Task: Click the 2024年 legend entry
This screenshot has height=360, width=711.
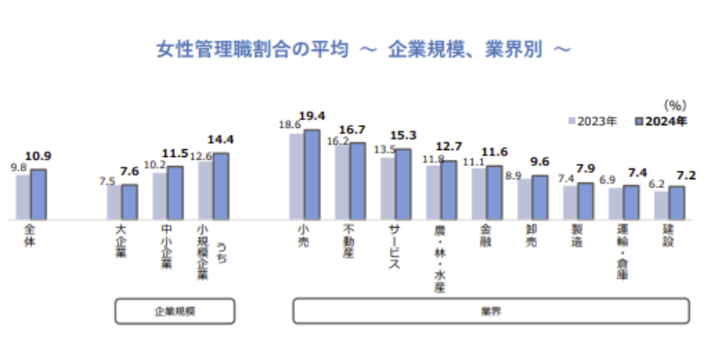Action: point(662,121)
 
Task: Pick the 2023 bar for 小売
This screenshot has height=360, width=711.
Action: point(297,176)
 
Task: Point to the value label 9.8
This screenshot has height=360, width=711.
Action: point(19,167)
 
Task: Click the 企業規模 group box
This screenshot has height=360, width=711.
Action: point(174,311)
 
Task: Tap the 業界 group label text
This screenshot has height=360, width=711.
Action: point(490,311)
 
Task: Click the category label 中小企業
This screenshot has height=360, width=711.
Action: point(167,249)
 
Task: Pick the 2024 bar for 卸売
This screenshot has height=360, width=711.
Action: point(540,197)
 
